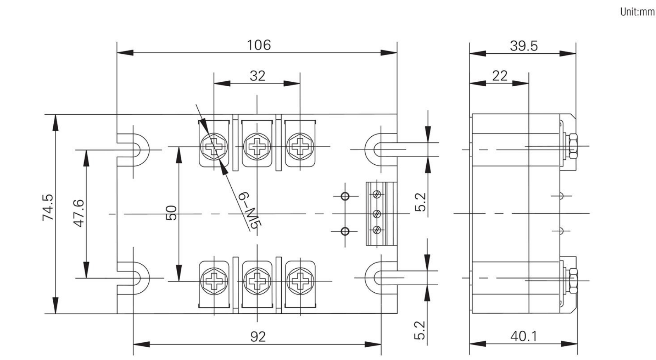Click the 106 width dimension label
coord(259,45)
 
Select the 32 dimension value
coord(257,76)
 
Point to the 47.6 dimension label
coord(78,213)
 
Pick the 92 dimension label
coord(258,337)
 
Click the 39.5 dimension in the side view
coord(523,46)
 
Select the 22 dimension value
coord(499,76)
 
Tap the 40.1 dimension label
coord(524,336)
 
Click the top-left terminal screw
coord(214,146)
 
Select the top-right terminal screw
coord(300,146)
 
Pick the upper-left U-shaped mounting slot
coord(134,149)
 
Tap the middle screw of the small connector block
coord(376,214)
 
